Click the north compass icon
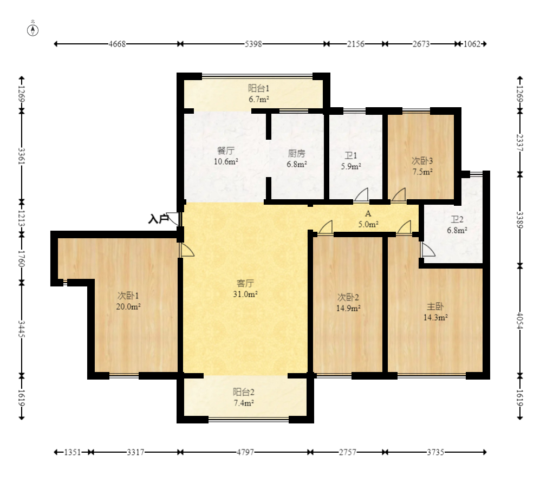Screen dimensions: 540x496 click(x=32, y=30)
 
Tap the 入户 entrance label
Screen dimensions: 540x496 click(x=158, y=219)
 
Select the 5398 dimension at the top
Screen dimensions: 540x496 click(x=253, y=44)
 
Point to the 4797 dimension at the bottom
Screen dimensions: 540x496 click(x=245, y=452)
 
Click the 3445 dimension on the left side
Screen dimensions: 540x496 click(x=22, y=329)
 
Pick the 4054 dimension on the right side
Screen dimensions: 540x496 click(x=520, y=321)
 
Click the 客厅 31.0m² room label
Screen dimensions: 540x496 click(x=245, y=289)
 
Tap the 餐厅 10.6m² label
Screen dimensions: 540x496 click(x=226, y=155)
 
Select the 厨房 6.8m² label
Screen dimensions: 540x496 click(x=296, y=158)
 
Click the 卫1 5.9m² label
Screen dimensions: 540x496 click(x=351, y=161)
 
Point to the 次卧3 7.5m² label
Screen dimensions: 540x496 click(x=422, y=166)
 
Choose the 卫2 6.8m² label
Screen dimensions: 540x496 click(x=457, y=225)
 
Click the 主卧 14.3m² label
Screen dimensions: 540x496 click(x=435, y=312)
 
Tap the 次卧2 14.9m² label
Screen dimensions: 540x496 click(x=348, y=302)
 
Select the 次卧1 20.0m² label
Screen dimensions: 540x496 click(x=128, y=301)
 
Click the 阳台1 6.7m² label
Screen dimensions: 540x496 click(x=259, y=94)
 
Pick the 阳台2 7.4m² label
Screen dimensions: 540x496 click(x=244, y=397)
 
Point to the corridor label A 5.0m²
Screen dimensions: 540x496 click(x=368, y=219)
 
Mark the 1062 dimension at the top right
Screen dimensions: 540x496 click(x=472, y=44)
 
